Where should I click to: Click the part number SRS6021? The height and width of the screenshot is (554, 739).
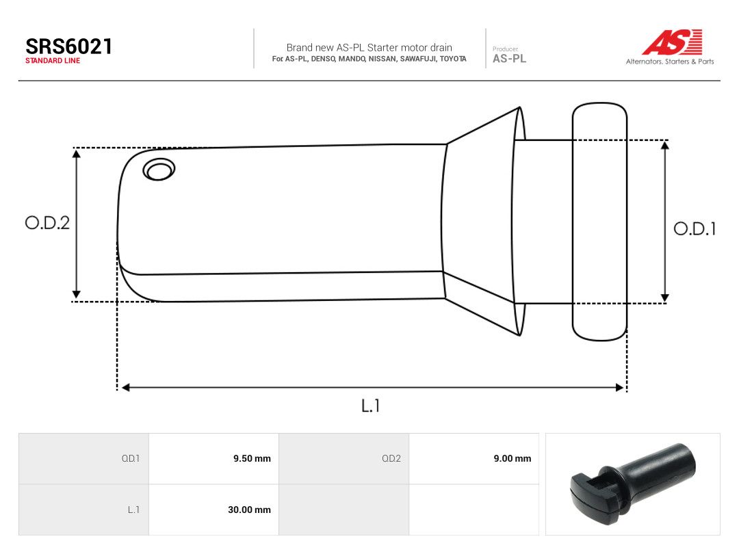[x=69, y=47]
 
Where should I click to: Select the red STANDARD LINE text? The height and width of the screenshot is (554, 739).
[x=53, y=61]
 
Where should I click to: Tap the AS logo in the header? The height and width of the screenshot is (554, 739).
[x=672, y=42]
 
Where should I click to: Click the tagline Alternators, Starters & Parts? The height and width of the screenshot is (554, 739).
[x=670, y=62]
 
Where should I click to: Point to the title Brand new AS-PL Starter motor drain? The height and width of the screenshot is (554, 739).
[x=369, y=48]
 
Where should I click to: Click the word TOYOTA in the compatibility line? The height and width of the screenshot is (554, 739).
[x=453, y=59]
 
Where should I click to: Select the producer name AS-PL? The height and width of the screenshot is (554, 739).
[x=510, y=58]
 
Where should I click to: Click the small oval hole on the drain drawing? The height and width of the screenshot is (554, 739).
[x=159, y=170]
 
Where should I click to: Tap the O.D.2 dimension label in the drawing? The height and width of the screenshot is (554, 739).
[x=47, y=223]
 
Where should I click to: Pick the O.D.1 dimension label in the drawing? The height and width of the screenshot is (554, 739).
[x=695, y=229]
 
